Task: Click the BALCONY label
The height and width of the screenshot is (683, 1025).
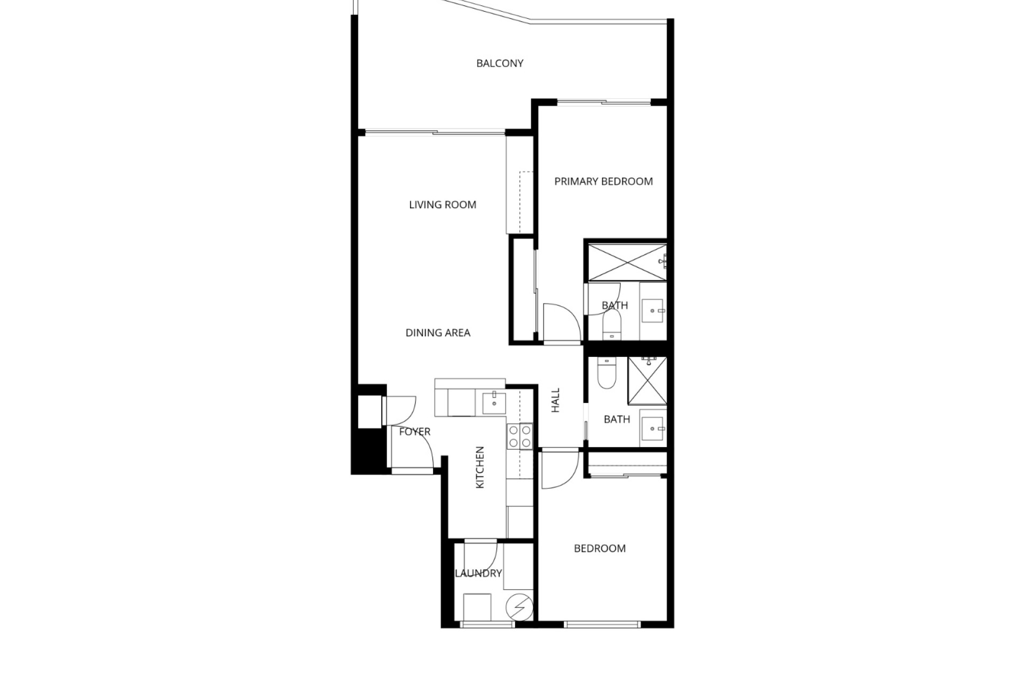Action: click(500, 63)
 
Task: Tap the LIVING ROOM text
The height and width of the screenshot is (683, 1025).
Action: click(443, 205)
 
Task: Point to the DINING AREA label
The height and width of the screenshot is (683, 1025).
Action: click(438, 333)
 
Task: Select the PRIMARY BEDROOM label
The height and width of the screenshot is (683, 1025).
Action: click(603, 181)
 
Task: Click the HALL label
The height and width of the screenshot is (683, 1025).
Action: click(555, 400)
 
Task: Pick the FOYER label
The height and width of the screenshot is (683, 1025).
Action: click(415, 432)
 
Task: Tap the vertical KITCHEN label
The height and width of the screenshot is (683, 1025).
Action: click(479, 467)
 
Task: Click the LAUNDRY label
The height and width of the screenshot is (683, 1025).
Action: click(478, 574)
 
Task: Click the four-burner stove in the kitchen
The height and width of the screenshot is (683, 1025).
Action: click(519, 436)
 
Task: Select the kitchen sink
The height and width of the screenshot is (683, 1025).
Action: click(494, 403)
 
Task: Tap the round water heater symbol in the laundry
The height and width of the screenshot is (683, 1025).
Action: click(519, 607)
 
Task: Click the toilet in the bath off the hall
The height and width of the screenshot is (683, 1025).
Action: click(608, 372)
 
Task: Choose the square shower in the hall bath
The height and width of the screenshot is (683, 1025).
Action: click(648, 380)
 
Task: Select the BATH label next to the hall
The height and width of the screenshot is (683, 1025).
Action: click(617, 419)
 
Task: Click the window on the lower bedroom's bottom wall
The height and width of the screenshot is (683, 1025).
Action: click(602, 624)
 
